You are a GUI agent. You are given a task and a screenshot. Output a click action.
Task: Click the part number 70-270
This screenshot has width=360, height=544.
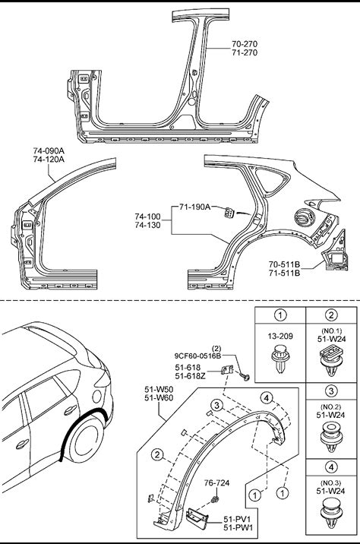click(245, 44)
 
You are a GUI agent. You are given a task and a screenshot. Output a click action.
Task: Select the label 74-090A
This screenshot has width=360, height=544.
click(49, 151)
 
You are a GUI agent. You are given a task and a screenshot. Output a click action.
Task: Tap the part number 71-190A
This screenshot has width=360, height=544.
click(195, 207)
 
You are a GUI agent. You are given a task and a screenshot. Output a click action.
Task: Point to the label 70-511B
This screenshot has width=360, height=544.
click(284, 264)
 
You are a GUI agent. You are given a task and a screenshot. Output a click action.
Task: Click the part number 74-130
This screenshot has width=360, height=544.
click(148, 225)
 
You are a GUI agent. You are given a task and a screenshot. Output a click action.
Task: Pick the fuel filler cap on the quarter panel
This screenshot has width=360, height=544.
click(304, 217)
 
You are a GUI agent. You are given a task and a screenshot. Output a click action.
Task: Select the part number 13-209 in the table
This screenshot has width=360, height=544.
click(280, 336)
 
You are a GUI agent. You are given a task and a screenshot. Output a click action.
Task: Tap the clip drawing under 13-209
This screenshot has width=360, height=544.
click(280, 359)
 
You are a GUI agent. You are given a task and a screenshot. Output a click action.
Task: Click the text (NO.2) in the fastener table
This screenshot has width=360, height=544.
click(331, 406)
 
